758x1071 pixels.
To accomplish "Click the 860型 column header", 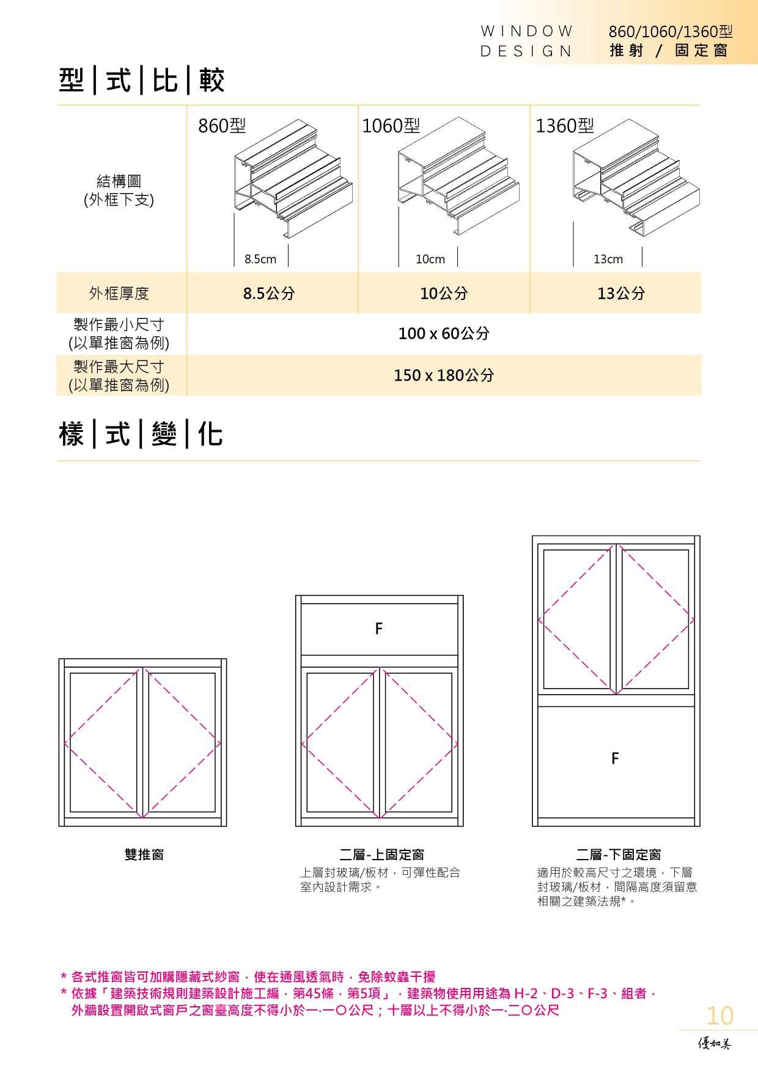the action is [222, 126].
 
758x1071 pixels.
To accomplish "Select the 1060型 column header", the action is [391, 126].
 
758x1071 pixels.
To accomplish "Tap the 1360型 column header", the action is [565, 126].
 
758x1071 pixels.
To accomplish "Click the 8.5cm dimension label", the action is [260, 259].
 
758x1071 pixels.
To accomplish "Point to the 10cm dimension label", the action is [430, 259].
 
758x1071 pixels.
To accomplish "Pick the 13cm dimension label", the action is [608, 259].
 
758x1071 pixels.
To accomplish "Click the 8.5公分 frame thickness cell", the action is [269, 293].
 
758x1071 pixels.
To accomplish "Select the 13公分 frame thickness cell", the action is [621, 293].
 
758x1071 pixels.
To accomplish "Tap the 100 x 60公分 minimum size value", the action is [444, 334].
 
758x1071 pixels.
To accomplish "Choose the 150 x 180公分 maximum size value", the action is [444, 375].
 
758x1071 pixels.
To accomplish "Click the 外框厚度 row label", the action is [119, 293].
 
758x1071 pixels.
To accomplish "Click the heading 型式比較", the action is [142, 81].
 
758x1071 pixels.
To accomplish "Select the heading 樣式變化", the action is [141, 434].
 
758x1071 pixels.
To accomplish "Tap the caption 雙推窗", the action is [144, 855].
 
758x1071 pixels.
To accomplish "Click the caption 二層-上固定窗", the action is [382, 855].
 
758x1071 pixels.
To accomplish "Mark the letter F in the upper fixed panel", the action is [379, 628].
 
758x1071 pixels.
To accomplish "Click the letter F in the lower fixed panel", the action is [615, 758].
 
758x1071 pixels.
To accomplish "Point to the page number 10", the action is [719, 1015].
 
